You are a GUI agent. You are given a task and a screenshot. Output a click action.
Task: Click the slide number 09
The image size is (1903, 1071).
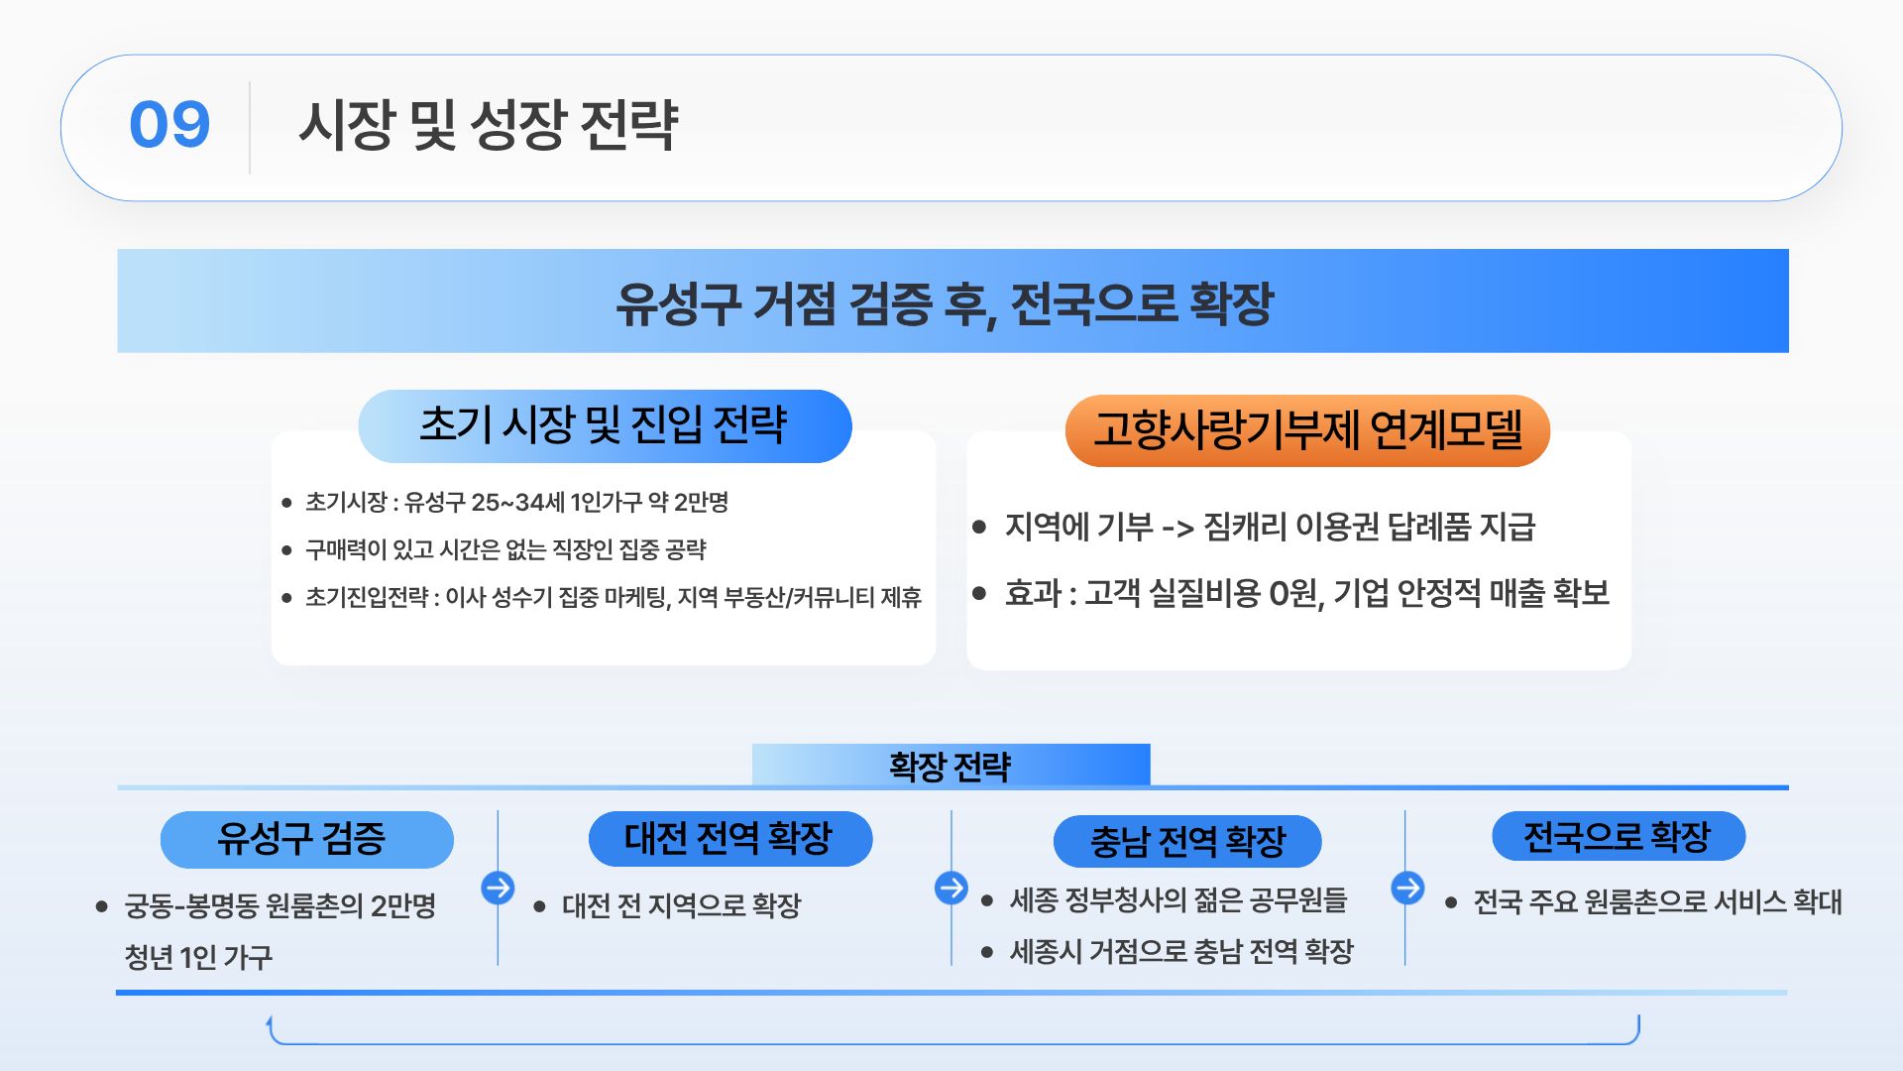point(169,125)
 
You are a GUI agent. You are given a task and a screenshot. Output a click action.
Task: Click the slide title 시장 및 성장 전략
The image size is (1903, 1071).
point(489,126)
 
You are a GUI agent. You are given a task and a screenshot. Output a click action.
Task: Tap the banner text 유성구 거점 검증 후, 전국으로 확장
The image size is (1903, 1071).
point(945,303)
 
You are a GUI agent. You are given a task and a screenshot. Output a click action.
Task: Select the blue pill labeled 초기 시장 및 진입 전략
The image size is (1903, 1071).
point(605,426)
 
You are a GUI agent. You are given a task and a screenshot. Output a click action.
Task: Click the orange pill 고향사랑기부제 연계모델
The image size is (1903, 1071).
point(1307,430)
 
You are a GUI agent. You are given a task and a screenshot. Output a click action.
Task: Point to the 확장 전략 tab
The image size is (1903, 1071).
point(951,766)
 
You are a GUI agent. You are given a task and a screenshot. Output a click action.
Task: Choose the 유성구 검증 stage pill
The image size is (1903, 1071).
point(306,839)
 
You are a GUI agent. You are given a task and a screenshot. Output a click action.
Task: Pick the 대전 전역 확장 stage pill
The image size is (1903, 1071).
point(730,839)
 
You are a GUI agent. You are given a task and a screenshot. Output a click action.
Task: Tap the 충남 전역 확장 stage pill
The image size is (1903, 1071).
point(1187,842)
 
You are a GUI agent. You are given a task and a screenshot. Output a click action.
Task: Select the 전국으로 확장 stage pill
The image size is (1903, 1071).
point(1619,837)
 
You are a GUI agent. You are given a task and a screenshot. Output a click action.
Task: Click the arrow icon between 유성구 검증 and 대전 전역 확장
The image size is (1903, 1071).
point(498,887)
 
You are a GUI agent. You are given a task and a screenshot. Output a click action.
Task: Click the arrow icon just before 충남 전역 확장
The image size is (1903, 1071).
point(951,888)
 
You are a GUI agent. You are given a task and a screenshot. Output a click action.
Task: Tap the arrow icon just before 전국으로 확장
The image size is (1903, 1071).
point(1407,888)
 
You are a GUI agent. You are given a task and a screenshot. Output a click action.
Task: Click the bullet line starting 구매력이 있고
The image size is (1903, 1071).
point(505,549)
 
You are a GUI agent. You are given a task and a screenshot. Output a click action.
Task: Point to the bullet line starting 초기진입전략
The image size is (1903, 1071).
point(614,597)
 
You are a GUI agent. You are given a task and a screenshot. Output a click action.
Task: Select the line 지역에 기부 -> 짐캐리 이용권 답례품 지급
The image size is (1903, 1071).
point(1270,527)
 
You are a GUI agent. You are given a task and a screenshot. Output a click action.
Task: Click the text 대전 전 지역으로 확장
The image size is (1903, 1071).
point(681,905)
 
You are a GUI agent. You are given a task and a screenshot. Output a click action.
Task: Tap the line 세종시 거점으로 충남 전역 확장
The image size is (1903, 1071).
point(1181,952)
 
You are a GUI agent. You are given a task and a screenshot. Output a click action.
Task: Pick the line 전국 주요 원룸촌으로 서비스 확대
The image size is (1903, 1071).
point(1657,902)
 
